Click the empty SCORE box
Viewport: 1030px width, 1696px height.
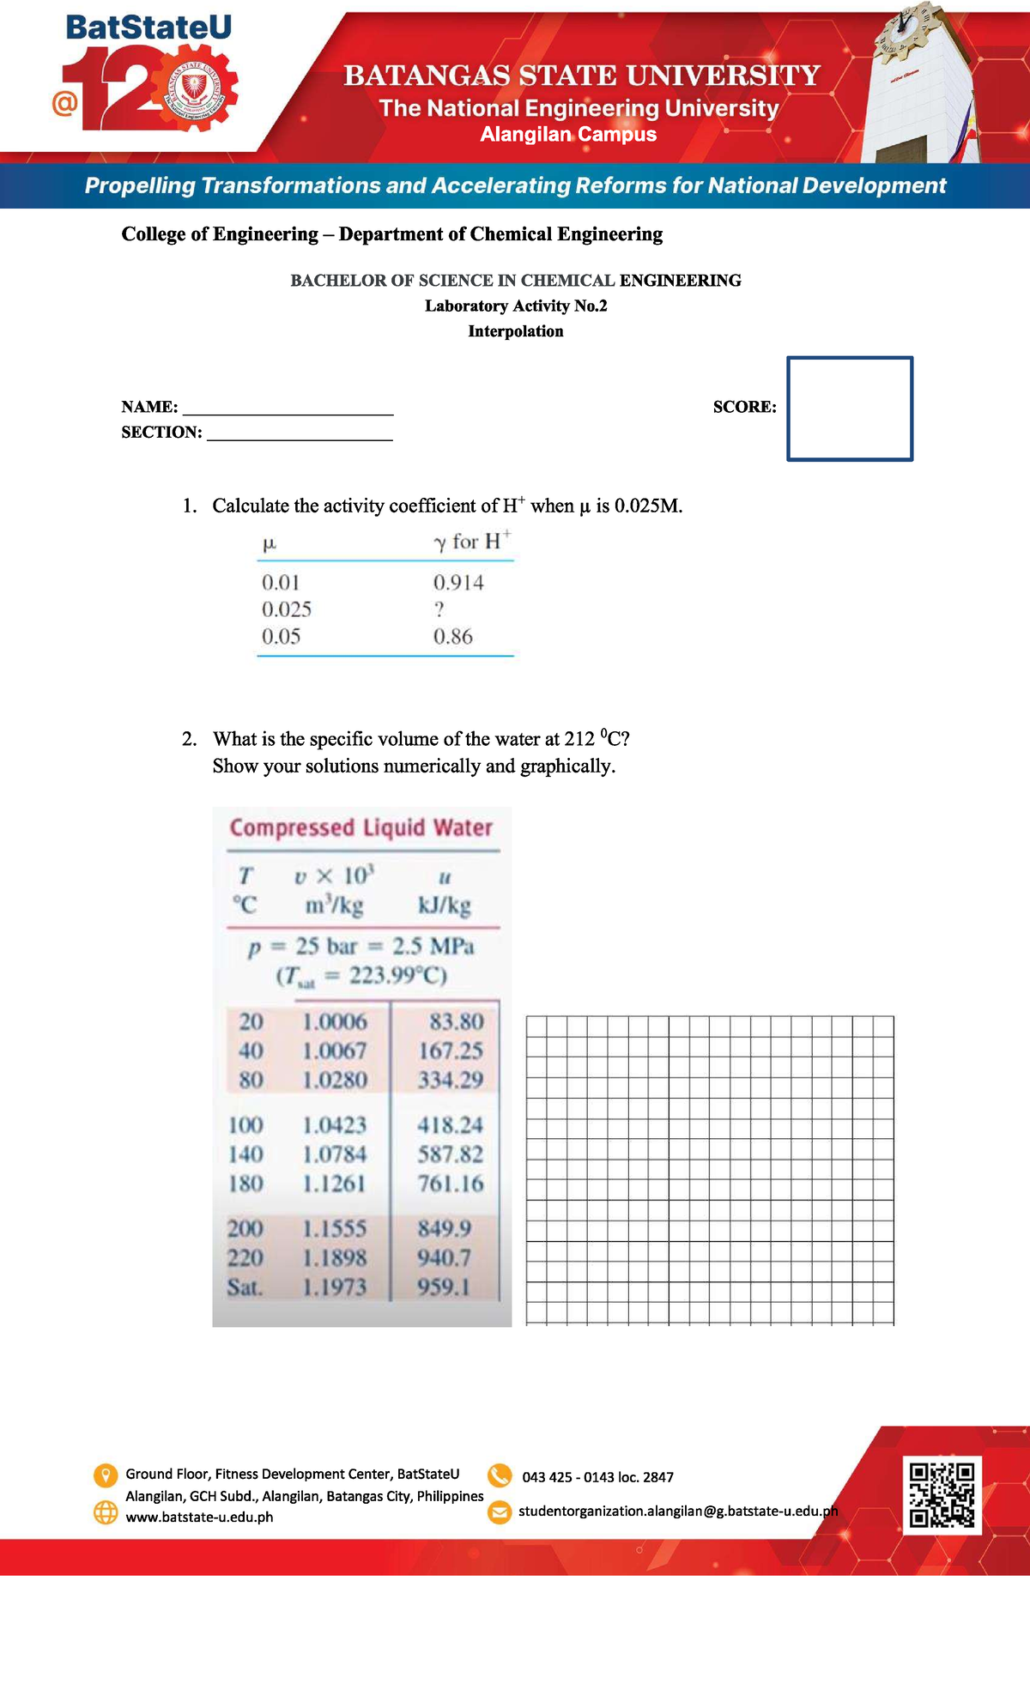(850, 409)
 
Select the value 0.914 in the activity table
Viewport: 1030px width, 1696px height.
(458, 583)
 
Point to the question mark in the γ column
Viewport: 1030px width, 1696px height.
(439, 609)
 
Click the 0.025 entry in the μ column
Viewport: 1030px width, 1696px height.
(286, 609)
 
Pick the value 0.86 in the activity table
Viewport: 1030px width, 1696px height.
(452, 637)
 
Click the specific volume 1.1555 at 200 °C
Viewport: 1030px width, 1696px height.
(334, 1228)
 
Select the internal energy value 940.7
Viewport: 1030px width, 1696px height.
(444, 1257)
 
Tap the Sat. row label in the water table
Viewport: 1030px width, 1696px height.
(245, 1287)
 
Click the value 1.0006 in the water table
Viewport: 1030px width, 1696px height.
(334, 1021)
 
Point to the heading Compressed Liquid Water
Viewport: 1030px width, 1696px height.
(360, 827)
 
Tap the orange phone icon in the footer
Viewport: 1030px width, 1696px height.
(500, 1475)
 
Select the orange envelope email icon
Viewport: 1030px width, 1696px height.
(500, 1512)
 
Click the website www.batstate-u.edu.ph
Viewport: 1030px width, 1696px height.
(199, 1517)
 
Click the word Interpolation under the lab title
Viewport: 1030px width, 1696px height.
(516, 331)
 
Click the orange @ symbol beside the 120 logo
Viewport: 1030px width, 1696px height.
(64, 104)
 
